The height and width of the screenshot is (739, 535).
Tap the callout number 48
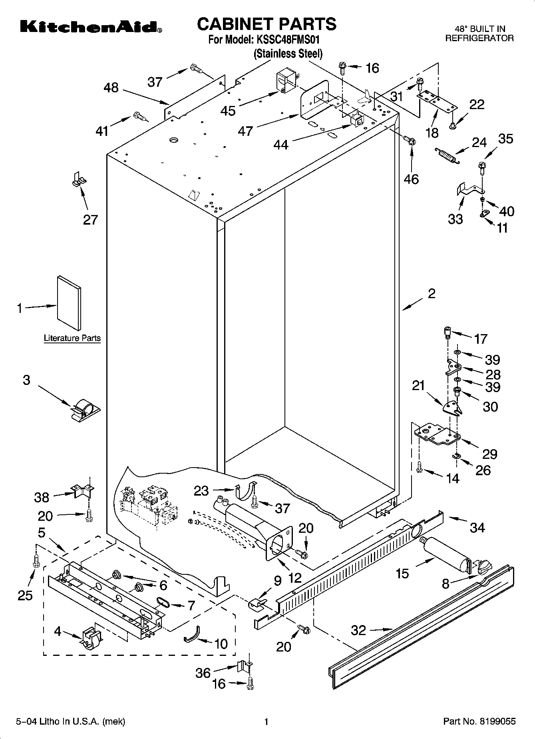(x=111, y=88)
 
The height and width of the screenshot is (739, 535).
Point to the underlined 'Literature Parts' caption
(x=72, y=338)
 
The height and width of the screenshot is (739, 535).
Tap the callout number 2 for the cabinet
(x=432, y=294)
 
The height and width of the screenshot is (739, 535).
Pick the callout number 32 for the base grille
(x=358, y=630)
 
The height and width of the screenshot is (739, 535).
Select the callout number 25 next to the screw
(x=25, y=596)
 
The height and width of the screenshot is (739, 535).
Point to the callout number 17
(x=480, y=339)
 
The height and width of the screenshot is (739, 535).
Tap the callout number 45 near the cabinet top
(x=228, y=111)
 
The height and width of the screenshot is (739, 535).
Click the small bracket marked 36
(x=243, y=666)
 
